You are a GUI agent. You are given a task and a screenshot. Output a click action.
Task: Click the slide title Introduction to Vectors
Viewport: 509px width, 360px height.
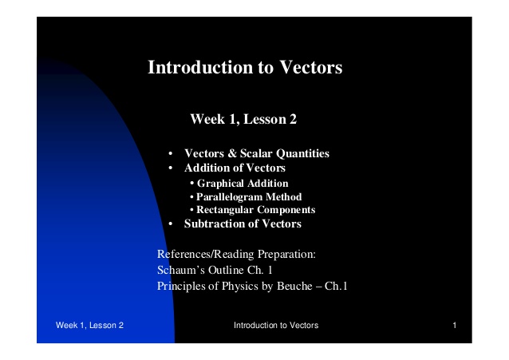click(x=245, y=68)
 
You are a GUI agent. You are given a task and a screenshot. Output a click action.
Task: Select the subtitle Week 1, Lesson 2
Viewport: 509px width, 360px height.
click(x=243, y=120)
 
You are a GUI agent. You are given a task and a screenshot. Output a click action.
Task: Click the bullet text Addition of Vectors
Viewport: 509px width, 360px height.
click(x=235, y=168)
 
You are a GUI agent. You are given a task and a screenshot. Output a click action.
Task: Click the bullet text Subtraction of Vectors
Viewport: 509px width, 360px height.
click(x=243, y=224)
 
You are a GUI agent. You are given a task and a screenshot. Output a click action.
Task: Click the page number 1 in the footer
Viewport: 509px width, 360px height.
click(x=453, y=326)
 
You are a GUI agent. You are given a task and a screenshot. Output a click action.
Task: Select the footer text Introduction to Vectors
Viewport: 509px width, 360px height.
click(x=276, y=326)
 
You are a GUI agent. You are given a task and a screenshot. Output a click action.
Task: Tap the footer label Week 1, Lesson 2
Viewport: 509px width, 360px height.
click(x=89, y=326)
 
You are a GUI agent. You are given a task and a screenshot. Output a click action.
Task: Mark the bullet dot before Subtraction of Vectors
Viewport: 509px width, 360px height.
click(x=170, y=224)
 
